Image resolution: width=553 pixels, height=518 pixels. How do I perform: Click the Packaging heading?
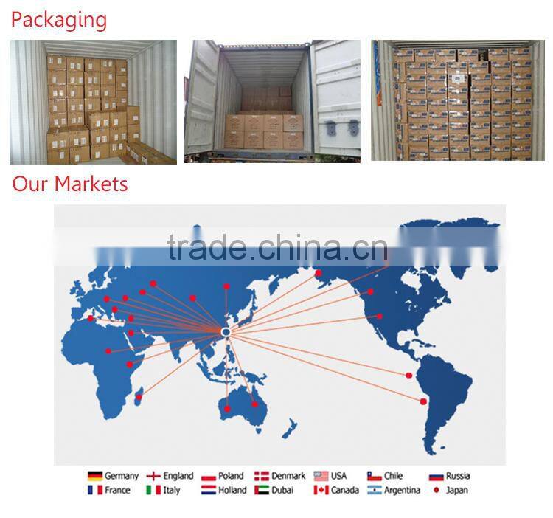tap(58, 19)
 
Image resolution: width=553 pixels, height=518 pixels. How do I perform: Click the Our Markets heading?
tap(70, 184)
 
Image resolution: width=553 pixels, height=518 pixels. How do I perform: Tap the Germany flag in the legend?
tap(95, 476)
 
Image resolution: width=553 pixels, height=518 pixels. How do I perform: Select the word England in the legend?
tap(178, 476)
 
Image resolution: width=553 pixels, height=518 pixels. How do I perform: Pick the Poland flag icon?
tap(208, 476)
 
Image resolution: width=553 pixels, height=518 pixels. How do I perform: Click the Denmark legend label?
tap(288, 476)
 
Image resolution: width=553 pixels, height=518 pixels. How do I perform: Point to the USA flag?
tap(321, 476)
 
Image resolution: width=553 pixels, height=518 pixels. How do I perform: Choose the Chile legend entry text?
tap(393, 476)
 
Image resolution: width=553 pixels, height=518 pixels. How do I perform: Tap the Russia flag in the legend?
tap(436, 476)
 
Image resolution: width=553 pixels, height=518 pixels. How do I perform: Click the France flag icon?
tap(95, 490)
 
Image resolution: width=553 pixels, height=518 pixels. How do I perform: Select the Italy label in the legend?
tap(172, 490)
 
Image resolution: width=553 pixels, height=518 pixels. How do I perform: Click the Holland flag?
tap(208, 490)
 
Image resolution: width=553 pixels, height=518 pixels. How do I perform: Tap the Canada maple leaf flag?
tap(321, 490)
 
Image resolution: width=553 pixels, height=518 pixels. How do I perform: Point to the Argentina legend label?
tap(402, 490)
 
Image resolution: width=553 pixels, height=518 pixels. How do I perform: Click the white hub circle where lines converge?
tap(226, 334)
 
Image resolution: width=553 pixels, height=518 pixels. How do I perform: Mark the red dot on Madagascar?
tap(138, 398)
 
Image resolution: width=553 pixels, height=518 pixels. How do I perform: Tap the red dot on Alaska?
tap(319, 274)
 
